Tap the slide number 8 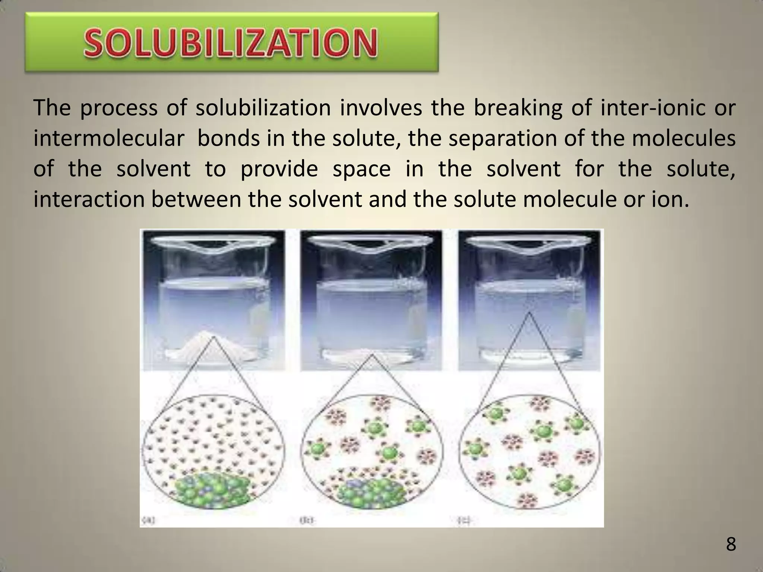pos(731,544)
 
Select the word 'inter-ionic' pos(653,108)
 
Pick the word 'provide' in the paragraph pos(279,169)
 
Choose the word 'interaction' pos(89,200)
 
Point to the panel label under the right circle pos(465,521)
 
